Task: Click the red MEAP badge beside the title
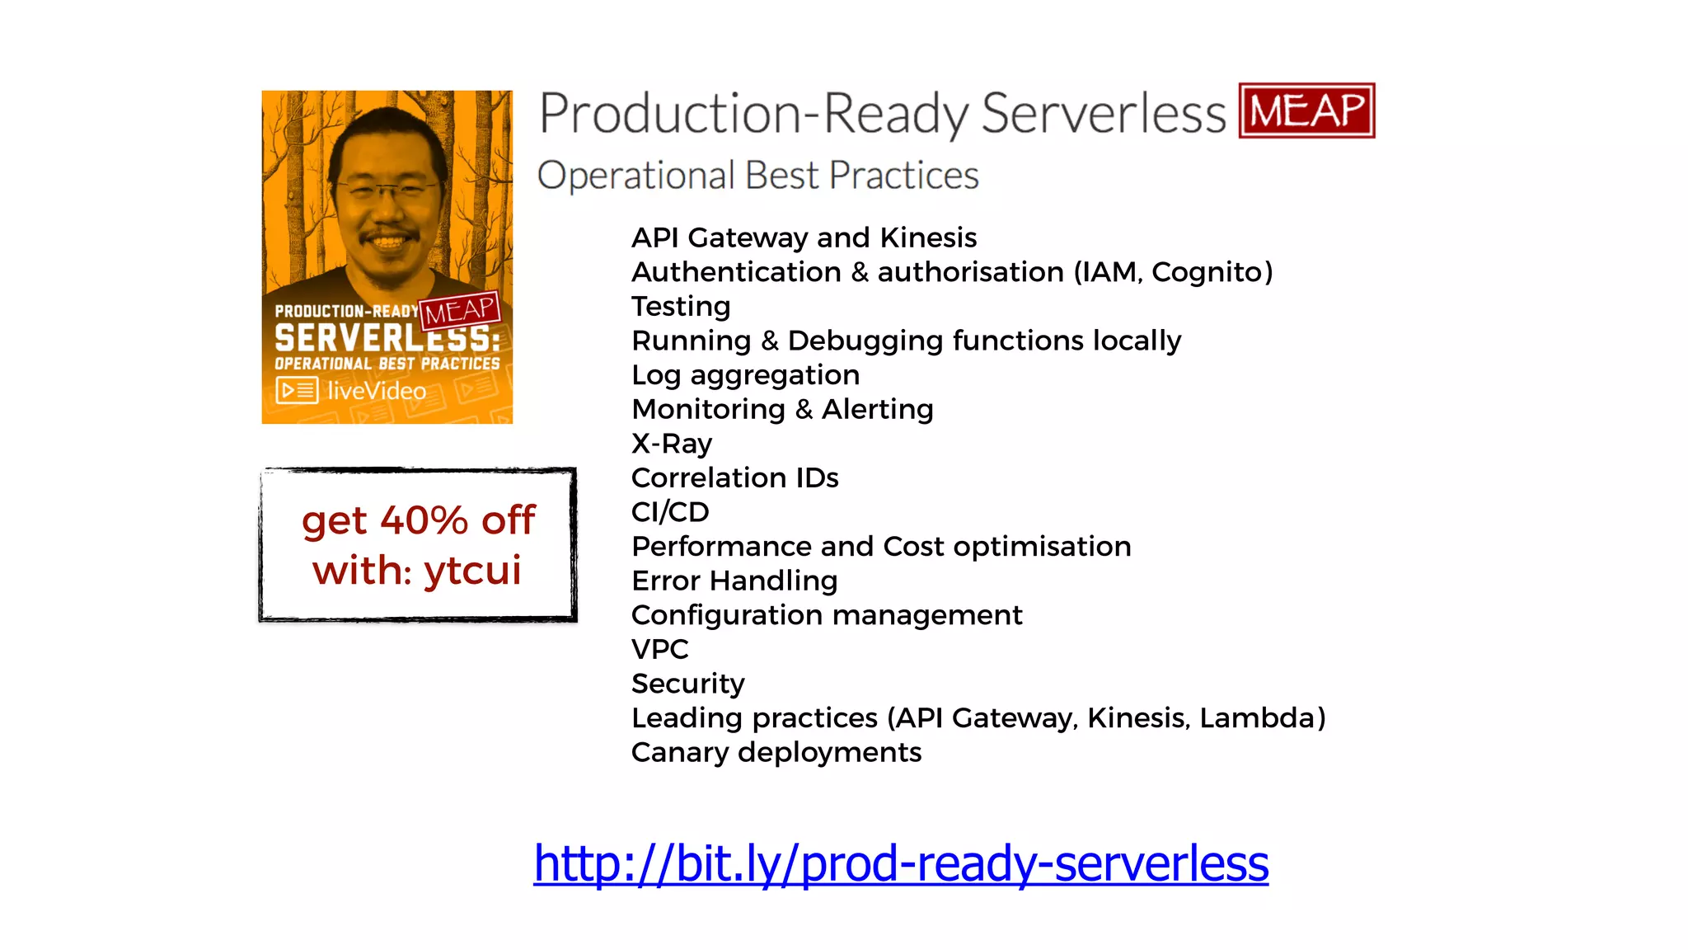coord(1306,111)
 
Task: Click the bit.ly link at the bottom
coord(901,863)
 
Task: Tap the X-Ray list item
coord(671,444)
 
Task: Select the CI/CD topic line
coord(669,512)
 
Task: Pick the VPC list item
coord(659,649)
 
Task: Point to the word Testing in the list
coord(681,307)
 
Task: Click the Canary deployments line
coord(776,752)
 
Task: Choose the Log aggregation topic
coord(745,375)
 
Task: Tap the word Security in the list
coord(687,684)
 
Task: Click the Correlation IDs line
coord(734,478)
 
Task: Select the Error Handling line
coord(734,581)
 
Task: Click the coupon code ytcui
coord(472,571)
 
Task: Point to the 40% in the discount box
coord(424,520)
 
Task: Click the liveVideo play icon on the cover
coord(297,390)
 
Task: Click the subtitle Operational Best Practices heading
coord(757,176)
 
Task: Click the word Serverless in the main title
coord(1104,113)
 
